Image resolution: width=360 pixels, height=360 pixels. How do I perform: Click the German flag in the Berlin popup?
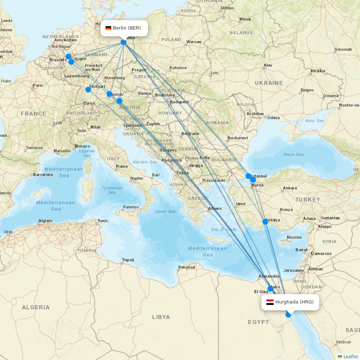point(108,28)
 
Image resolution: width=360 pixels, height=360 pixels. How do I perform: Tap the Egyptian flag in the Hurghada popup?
point(270,302)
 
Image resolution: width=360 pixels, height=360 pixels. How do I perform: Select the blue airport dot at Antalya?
point(265,221)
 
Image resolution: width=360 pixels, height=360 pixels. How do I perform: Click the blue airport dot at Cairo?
point(270,288)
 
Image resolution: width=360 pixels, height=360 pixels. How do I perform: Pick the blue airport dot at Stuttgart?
point(88,89)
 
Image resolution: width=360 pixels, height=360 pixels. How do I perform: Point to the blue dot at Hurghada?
point(288,315)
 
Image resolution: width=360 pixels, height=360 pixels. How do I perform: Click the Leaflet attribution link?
point(350,356)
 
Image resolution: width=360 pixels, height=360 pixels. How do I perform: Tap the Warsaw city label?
point(194,42)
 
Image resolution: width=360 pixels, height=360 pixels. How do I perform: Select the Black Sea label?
point(293,154)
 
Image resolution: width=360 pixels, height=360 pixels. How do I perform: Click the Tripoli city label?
point(128,260)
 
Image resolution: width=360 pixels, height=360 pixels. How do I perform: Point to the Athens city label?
point(215,209)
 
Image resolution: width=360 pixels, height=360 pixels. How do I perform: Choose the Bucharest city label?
point(238,138)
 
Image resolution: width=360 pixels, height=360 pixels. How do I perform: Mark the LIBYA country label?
point(161,317)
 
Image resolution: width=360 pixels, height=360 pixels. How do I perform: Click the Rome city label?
point(122,166)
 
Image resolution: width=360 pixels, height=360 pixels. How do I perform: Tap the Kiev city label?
point(268,65)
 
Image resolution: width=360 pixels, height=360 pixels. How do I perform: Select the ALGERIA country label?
point(36,307)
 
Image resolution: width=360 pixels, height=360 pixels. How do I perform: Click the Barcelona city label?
point(43,175)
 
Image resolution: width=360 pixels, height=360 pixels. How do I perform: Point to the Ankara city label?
point(290,188)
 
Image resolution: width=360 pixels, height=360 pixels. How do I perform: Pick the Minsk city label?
point(245,19)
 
